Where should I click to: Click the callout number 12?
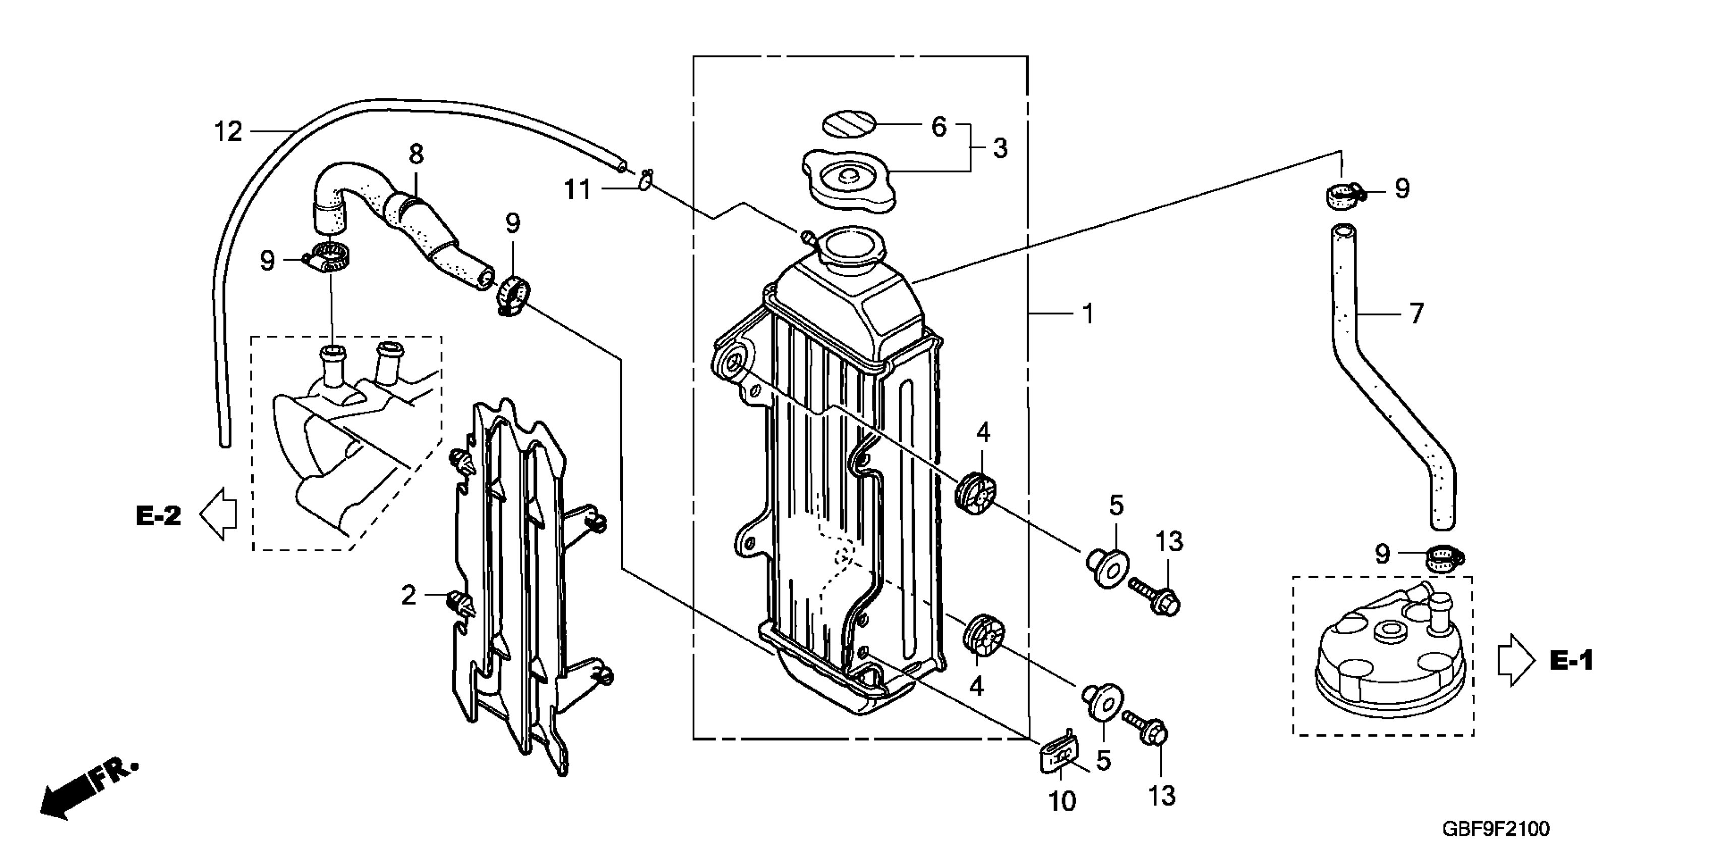[228, 132]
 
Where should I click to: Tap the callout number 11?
[577, 191]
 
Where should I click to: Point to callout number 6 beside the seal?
[938, 127]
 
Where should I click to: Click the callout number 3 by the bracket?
[1000, 149]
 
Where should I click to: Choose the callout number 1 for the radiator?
[1088, 314]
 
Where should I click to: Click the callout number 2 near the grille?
[408, 595]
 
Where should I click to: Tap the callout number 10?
[1062, 802]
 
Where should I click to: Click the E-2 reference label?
[158, 516]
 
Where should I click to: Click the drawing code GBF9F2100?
[1496, 829]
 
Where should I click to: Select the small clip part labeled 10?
[1058, 757]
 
